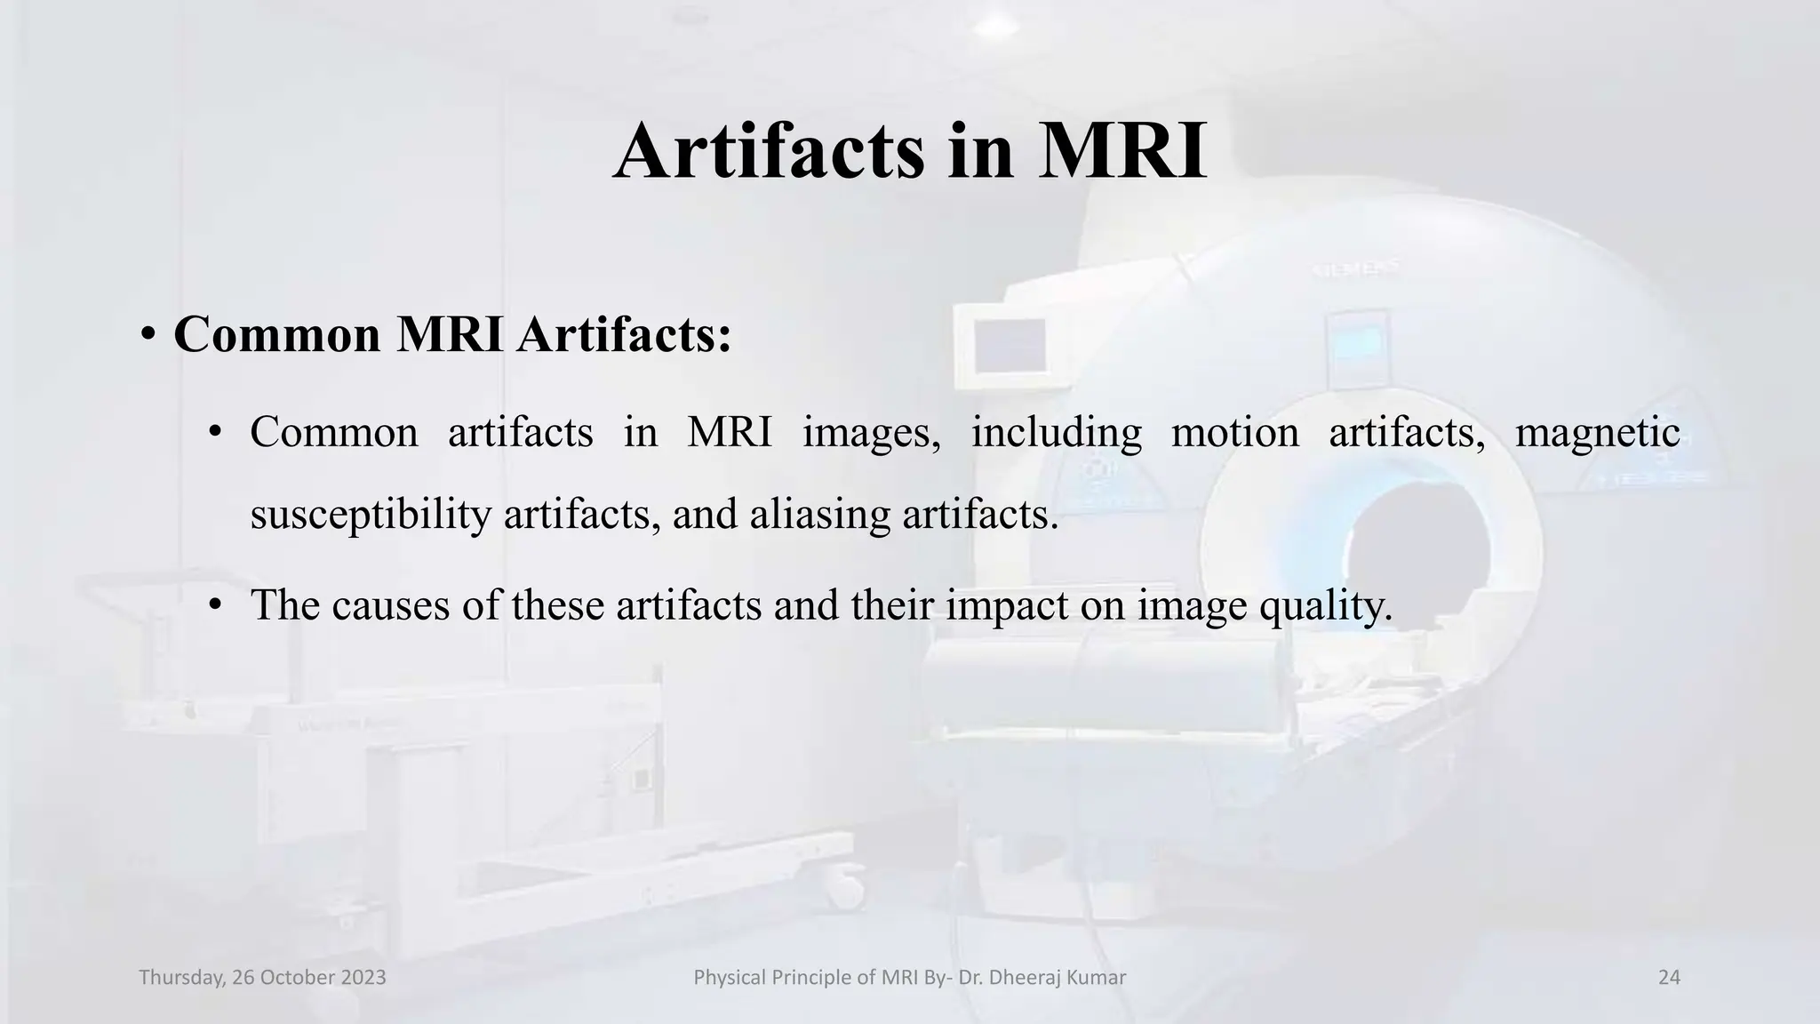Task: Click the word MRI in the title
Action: tap(1122, 151)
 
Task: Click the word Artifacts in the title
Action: tap(769, 151)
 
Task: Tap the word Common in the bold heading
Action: tap(277, 335)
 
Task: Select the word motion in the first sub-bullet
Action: tap(1234, 433)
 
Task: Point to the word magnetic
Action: tap(1597, 433)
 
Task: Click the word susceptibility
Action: tap(371, 514)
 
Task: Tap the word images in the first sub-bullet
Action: tap(871, 433)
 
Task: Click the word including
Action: tap(1056, 433)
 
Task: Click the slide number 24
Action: tap(1669, 978)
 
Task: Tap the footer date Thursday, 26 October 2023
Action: tap(263, 978)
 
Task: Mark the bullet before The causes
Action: tap(214, 606)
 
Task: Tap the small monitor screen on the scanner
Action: tap(1009, 345)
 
